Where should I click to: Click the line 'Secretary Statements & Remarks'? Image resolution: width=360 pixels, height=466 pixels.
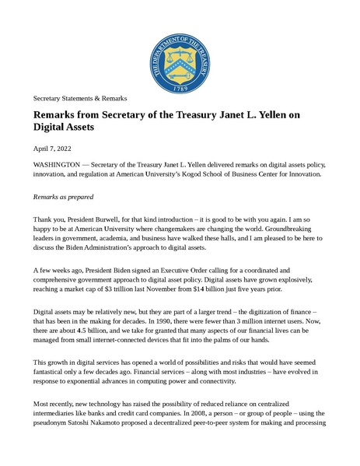pyautogui.click(x=79, y=99)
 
